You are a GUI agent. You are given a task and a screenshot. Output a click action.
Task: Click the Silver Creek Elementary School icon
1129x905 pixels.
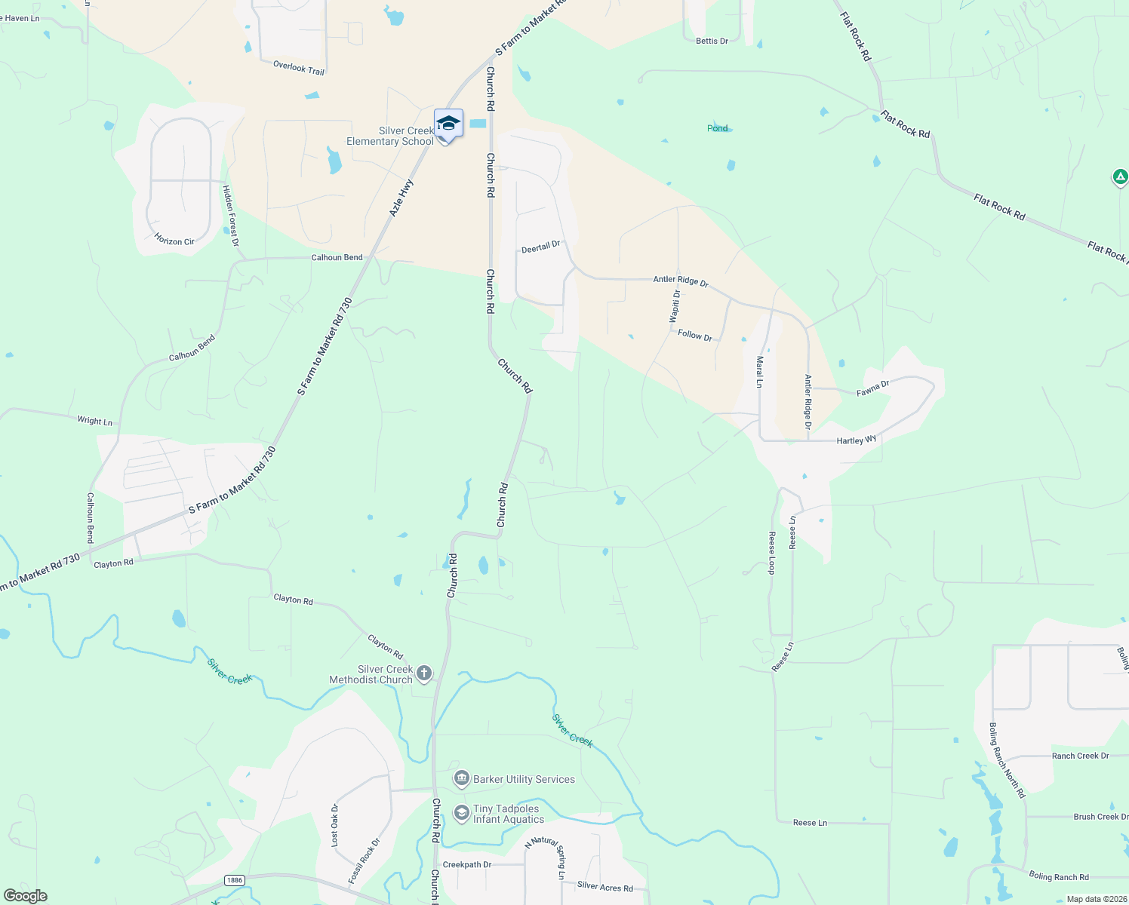(448, 124)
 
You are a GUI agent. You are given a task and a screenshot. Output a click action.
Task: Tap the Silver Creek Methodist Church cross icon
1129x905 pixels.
(424, 673)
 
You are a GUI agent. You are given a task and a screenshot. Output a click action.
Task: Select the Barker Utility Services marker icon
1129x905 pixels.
(461, 778)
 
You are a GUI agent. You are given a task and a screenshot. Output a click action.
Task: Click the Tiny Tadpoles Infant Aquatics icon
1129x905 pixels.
(461, 813)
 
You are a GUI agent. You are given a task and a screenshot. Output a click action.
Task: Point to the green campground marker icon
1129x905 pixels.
(1120, 177)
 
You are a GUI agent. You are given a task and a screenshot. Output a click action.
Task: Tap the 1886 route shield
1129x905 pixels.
(234, 880)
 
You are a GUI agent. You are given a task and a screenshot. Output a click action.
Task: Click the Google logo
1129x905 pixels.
(26, 896)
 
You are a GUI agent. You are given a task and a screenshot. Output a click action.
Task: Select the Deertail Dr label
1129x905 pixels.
(541, 247)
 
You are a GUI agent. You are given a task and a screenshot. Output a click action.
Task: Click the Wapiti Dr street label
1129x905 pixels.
(676, 305)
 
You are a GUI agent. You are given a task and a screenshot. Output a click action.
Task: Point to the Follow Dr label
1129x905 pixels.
(695, 335)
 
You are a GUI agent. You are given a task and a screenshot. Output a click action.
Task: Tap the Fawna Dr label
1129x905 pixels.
(873, 388)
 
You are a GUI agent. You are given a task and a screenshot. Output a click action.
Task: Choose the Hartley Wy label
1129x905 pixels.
(857, 440)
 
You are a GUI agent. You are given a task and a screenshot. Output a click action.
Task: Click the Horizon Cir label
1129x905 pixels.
(174, 241)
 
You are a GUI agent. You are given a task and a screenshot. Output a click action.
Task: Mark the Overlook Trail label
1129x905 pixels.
(299, 68)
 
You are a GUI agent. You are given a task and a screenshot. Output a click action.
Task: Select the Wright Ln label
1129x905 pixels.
(94, 421)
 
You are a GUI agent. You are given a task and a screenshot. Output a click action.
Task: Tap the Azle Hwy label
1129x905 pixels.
(401, 198)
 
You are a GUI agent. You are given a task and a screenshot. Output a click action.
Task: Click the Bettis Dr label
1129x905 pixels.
(712, 41)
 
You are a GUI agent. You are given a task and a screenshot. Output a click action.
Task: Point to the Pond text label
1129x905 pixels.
(717, 128)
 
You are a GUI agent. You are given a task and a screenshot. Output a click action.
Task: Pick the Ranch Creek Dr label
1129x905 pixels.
(1080, 756)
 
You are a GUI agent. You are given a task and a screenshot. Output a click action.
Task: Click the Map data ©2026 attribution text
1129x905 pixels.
(1094, 899)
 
